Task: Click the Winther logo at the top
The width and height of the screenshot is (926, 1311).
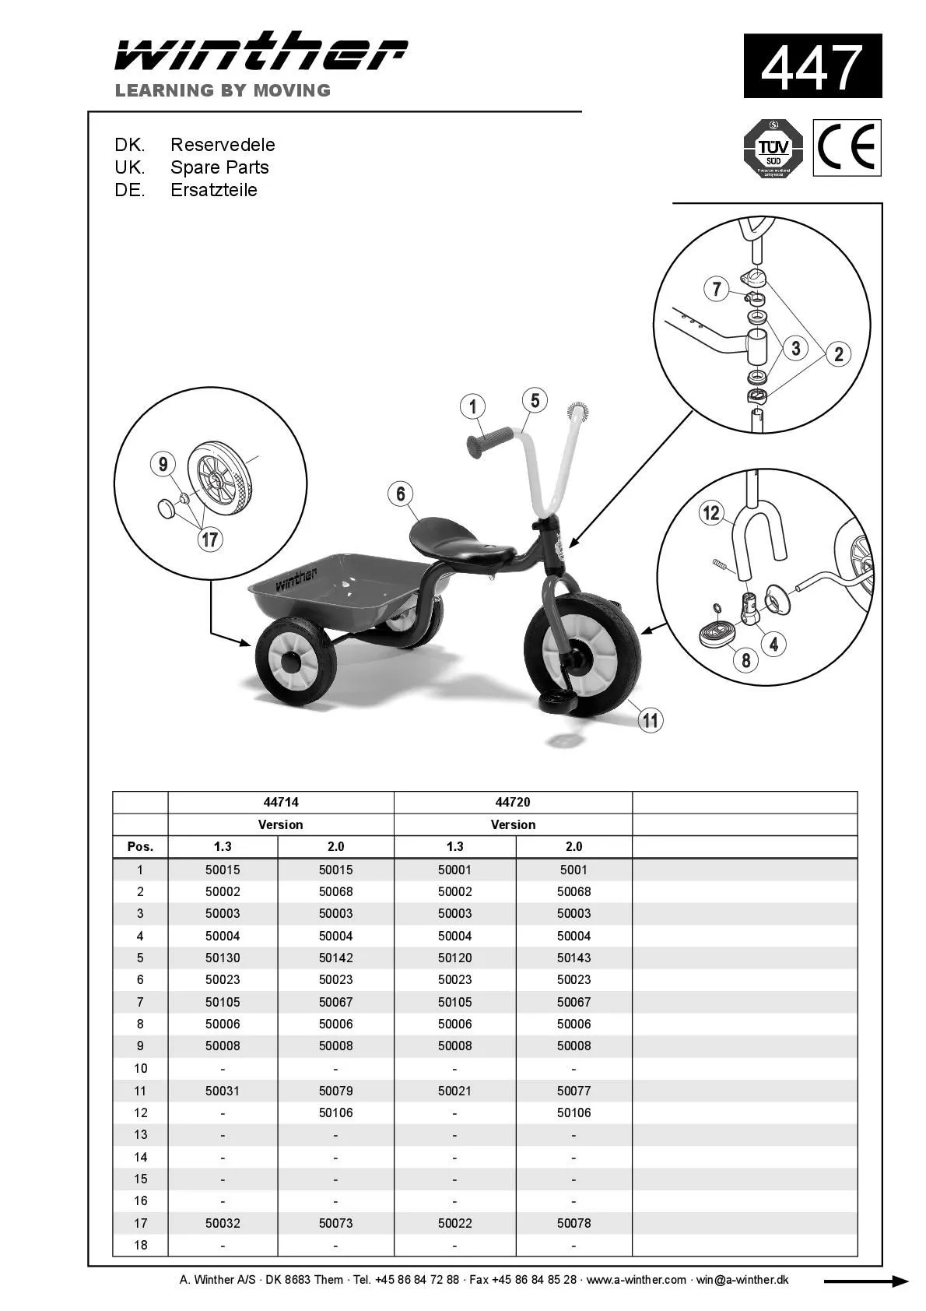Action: click(261, 53)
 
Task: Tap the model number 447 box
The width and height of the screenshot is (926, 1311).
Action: click(812, 66)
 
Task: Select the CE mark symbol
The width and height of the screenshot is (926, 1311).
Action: click(847, 148)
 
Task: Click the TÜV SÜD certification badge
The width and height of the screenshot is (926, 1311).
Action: click(773, 148)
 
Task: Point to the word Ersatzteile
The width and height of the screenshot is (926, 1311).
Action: click(214, 190)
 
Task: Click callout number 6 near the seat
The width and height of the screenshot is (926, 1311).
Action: click(401, 494)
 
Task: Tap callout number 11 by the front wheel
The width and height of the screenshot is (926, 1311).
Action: click(651, 720)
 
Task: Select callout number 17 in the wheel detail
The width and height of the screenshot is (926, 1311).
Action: click(210, 539)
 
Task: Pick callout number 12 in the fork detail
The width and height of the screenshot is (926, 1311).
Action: click(711, 512)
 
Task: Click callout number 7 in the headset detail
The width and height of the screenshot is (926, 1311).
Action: click(717, 289)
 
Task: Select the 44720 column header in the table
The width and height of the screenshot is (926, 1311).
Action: click(513, 802)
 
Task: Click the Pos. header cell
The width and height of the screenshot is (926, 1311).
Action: click(140, 846)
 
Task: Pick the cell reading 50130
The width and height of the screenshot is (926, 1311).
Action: click(223, 958)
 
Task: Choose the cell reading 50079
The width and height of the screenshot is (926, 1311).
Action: click(335, 1091)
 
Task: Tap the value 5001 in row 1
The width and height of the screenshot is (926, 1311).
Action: click(573, 870)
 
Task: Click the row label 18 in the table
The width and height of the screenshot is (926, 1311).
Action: click(140, 1245)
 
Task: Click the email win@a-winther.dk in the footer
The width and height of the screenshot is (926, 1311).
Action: click(742, 1280)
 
